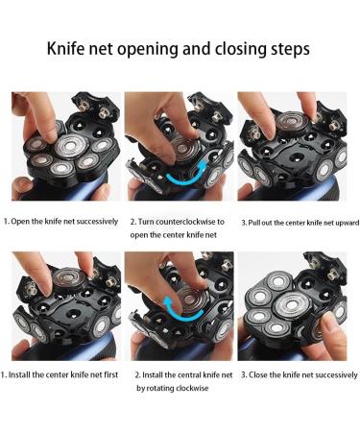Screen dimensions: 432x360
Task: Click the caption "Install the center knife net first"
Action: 61,374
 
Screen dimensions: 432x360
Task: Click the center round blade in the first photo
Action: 67,146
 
